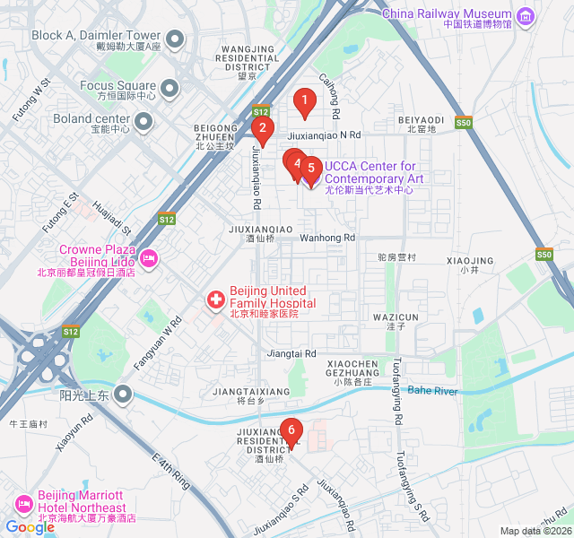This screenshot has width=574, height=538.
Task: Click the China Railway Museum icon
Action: coord(525,13)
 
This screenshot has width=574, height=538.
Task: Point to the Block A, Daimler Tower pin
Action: coord(175,39)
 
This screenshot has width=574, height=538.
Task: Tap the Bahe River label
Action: coord(432,391)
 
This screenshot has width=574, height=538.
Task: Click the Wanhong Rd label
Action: coord(327,239)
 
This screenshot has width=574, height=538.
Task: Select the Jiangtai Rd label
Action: coord(292,354)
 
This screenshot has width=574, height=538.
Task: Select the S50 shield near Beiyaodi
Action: coord(463,123)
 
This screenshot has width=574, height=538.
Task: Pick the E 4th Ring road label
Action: coord(171,471)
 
